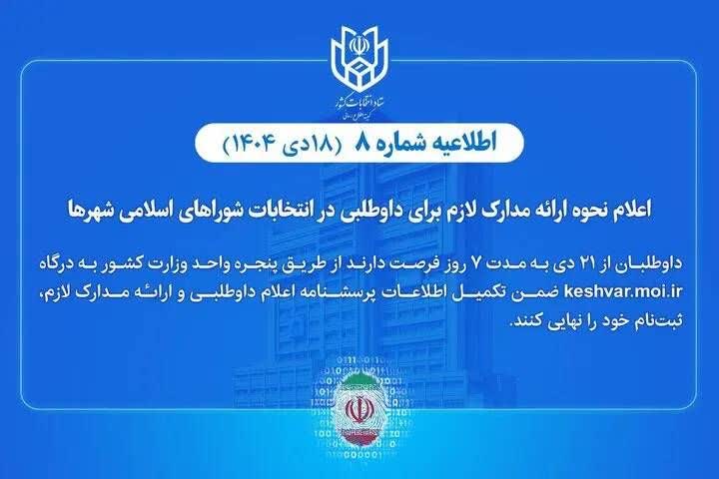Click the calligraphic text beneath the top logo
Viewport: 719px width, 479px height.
[x=359, y=103]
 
